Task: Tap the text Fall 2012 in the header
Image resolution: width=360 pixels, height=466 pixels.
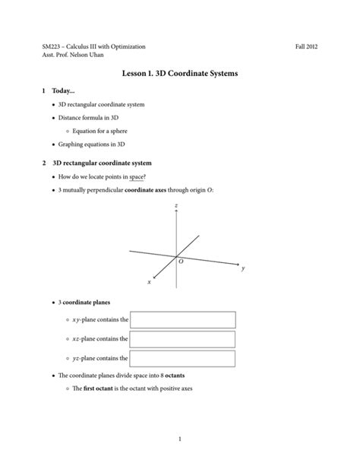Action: point(306,47)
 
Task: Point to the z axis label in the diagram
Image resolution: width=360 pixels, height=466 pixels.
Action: point(175,206)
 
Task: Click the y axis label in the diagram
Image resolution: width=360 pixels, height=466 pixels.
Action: point(242,268)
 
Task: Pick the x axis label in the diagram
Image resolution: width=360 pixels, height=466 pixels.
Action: point(149,282)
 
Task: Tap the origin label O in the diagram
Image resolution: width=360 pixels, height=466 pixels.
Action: point(181,262)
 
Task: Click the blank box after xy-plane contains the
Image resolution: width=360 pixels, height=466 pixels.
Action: point(182,320)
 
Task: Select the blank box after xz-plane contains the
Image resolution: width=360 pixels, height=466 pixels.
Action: point(182,339)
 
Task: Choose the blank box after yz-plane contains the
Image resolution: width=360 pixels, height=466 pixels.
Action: point(182,357)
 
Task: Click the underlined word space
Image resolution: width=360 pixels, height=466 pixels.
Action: point(137,176)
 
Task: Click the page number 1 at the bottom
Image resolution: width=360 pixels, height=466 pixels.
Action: point(180,439)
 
